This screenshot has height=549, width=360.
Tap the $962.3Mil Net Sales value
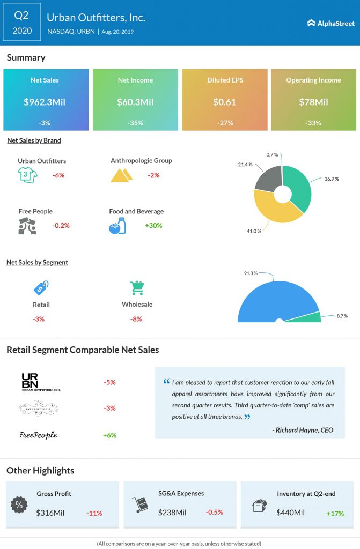pos(45,102)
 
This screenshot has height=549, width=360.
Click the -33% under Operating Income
pos(313,123)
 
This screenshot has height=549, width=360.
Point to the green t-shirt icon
pos(27,175)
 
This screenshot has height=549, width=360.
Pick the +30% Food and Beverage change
pos(153,226)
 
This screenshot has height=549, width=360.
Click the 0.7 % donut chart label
pos(273,154)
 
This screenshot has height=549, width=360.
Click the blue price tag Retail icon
pos(41,288)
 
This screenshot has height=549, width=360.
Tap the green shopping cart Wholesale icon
pos(137,288)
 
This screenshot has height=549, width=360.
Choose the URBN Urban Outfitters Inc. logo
pos(41,382)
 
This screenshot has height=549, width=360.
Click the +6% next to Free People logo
pos(109,435)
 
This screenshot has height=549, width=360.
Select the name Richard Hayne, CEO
pos(303,430)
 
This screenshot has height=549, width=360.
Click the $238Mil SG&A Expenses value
pos(172,513)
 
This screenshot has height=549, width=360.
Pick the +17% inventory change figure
pos(335,513)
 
